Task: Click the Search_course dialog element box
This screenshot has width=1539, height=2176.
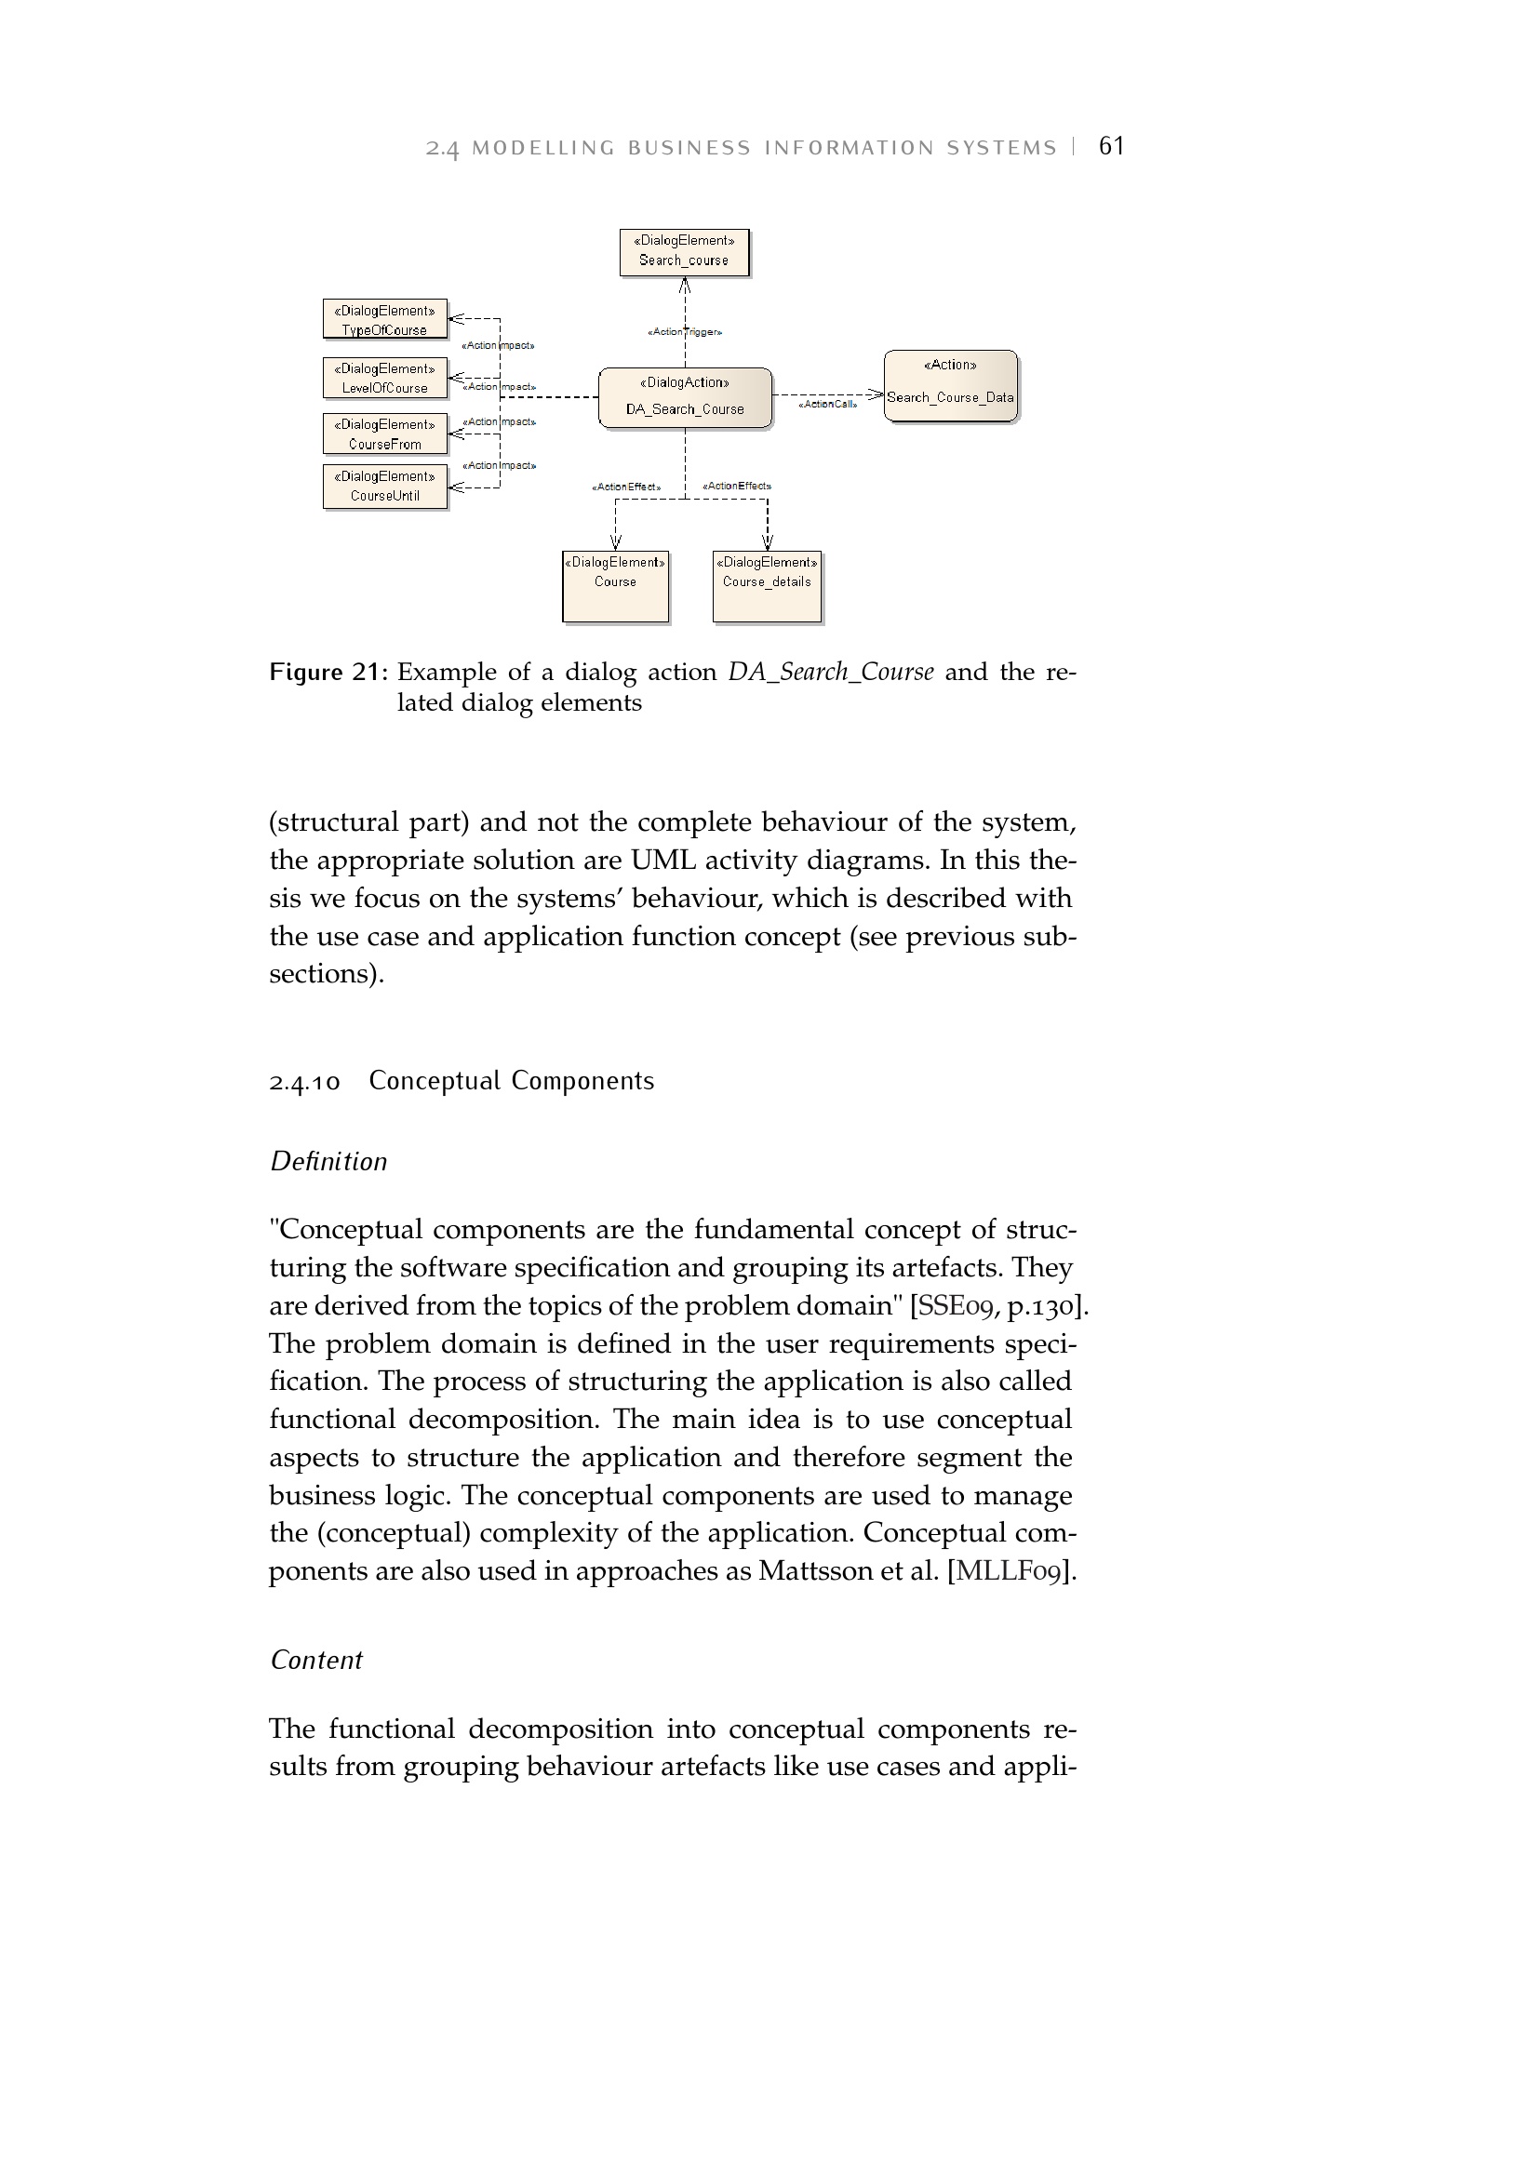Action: (x=683, y=252)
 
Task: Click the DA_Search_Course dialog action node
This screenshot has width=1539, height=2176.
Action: (x=684, y=397)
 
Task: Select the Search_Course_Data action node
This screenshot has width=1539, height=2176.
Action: (x=950, y=386)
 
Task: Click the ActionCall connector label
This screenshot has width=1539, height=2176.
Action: (x=827, y=405)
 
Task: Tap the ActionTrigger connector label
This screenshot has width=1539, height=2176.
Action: (x=684, y=333)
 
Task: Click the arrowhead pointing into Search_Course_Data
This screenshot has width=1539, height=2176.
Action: (x=876, y=394)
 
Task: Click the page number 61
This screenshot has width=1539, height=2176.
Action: (x=1111, y=146)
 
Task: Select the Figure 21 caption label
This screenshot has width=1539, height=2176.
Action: (x=328, y=672)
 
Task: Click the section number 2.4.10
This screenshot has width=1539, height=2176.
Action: (x=304, y=1082)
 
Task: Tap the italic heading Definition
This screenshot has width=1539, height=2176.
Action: (x=328, y=1162)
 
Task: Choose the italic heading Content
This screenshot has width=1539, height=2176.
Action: (x=316, y=1661)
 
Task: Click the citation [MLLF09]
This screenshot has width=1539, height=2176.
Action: (x=1011, y=1571)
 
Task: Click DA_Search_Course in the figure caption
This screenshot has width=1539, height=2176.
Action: (x=830, y=672)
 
